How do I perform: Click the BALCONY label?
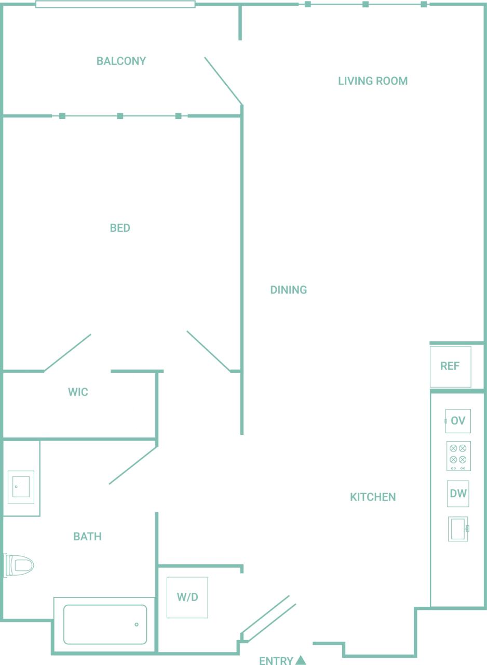click(121, 61)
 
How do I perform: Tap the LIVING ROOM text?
click(373, 81)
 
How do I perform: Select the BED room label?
click(120, 228)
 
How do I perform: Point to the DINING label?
click(289, 290)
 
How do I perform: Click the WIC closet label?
click(78, 392)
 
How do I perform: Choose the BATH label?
click(87, 537)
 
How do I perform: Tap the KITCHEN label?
click(373, 497)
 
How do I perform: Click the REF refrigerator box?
click(450, 366)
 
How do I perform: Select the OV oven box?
click(458, 421)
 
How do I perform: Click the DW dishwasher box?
click(458, 494)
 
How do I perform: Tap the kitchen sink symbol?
click(458, 529)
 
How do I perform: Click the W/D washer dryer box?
click(187, 597)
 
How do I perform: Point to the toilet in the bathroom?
click(19, 565)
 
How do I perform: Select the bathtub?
click(105, 624)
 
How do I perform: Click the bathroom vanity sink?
click(21, 487)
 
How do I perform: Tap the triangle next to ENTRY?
click(301, 660)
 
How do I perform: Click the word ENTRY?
click(276, 661)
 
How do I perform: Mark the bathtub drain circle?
click(137, 624)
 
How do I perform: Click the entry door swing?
click(267, 618)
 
